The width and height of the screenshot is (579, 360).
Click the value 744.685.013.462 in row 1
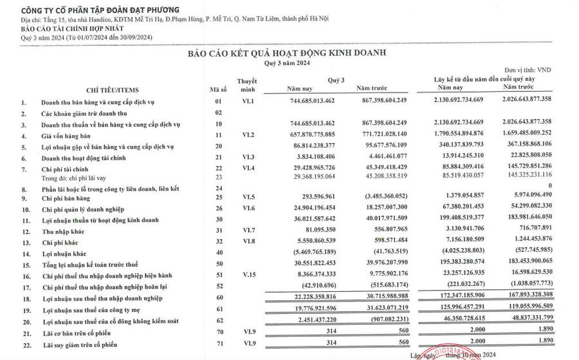point(311,102)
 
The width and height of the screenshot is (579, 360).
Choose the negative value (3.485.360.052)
point(381,199)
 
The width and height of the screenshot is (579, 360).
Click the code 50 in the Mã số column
point(217,264)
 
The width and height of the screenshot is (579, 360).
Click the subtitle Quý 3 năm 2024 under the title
point(289,63)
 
